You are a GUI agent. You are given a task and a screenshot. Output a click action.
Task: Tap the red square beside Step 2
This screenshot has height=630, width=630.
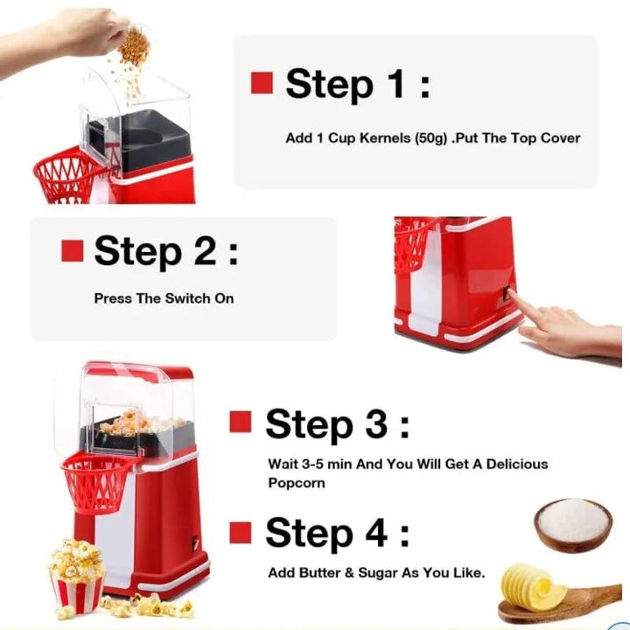(x=72, y=251)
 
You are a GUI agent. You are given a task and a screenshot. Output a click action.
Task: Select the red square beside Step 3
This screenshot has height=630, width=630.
(x=241, y=423)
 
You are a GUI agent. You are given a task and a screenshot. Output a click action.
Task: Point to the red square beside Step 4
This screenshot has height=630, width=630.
(x=241, y=531)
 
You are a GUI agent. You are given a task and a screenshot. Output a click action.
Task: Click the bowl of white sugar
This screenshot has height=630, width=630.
(x=572, y=523)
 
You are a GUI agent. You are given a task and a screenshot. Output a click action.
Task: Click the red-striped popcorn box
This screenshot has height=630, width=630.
(x=77, y=586)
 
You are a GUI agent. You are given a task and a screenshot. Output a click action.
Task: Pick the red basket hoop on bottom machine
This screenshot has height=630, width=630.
(x=96, y=482)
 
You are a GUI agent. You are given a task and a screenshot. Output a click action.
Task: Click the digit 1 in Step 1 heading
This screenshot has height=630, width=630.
(x=388, y=84)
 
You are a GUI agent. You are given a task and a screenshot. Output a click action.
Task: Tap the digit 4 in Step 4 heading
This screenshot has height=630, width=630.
(x=368, y=533)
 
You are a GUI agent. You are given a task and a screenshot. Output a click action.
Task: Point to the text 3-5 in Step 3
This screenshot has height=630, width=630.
(x=316, y=464)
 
